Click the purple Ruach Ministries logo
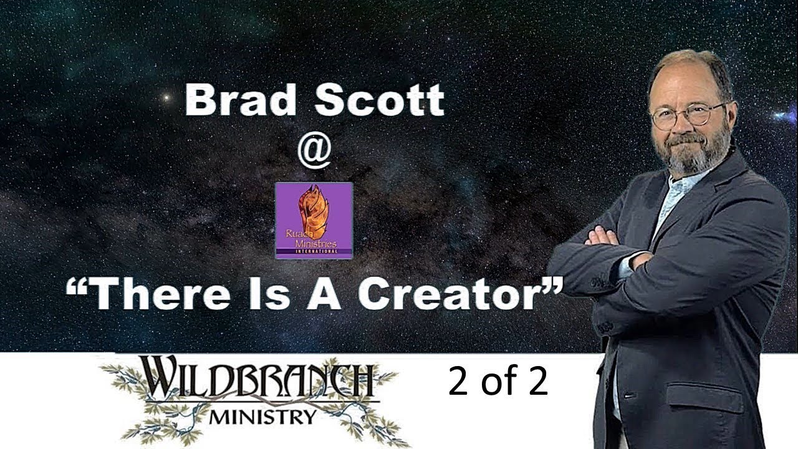coord(314,220)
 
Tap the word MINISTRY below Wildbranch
coord(262,416)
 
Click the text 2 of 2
coord(498,382)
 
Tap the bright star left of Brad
coord(166,97)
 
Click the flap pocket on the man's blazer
coord(704,393)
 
